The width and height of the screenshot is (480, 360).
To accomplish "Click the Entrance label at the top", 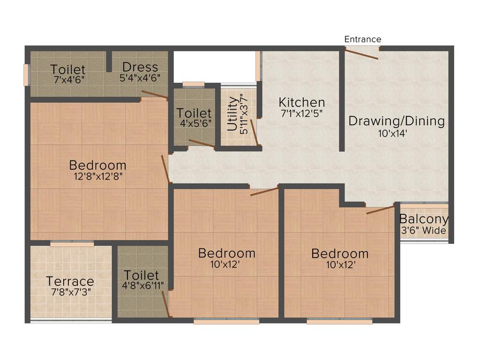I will point(363,39).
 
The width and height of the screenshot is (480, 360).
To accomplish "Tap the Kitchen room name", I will point(301,102).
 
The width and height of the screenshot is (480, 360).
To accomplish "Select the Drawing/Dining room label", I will point(397,121).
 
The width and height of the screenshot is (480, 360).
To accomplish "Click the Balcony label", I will point(424,219).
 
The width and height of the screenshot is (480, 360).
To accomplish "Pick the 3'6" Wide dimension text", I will point(424,230).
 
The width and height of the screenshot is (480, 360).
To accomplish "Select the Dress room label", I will point(140,67).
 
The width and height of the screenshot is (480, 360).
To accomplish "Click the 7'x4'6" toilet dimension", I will point(68,79).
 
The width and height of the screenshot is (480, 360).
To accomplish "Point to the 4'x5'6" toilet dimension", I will point(194,124).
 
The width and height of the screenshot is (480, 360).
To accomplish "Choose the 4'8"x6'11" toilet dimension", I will point(141,286).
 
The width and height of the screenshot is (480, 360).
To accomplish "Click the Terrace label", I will point(70,282).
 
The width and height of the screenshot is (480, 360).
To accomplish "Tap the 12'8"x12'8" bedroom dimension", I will point(97,176).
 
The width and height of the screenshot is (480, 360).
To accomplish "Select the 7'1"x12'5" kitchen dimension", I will point(301,113).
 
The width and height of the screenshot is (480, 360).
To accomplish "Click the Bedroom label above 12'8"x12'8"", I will point(97,165).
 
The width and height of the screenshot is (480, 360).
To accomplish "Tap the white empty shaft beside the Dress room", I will point(214,66).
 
